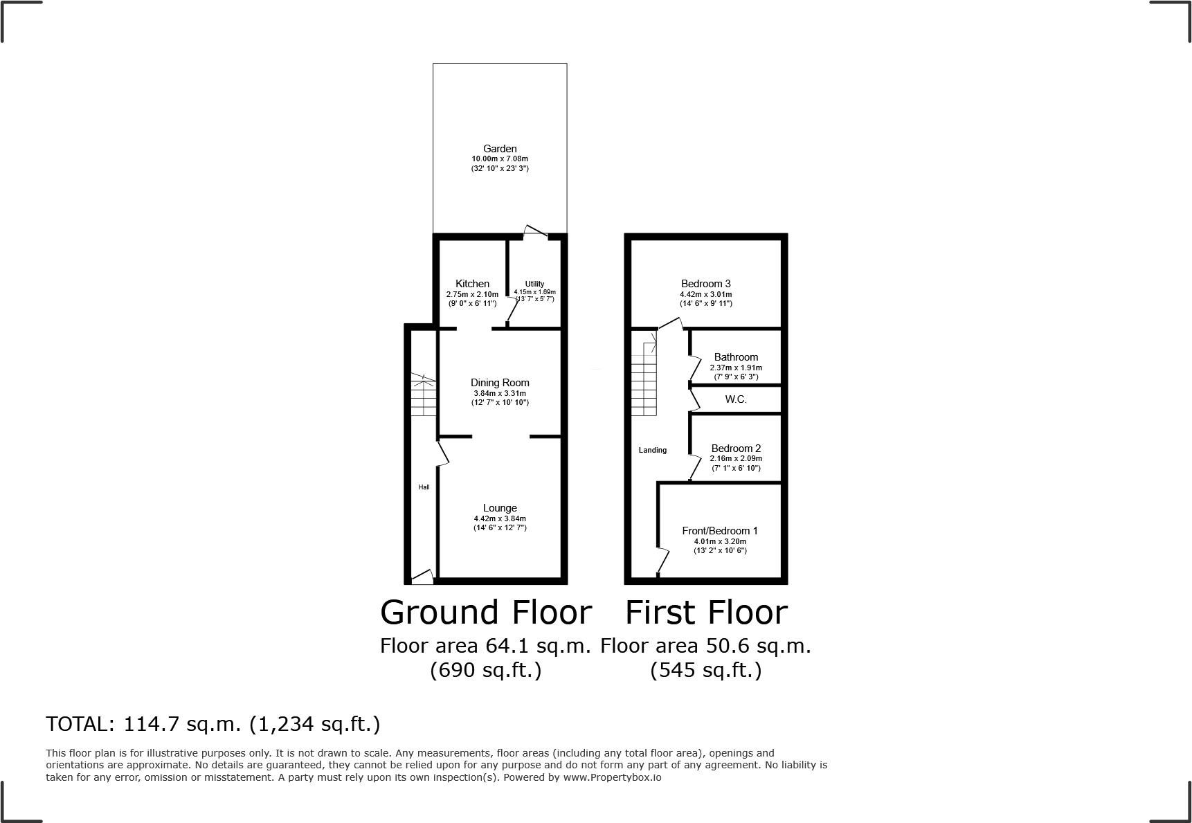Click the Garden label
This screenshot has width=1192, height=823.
[x=500, y=149]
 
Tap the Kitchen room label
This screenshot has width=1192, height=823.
[x=472, y=284]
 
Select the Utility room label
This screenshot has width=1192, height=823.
[x=534, y=284]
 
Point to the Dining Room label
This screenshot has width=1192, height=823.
[x=500, y=383]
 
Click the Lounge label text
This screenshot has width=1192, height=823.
[x=500, y=508]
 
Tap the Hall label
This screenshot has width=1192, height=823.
[x=424, y=487]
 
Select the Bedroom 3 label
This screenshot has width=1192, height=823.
[x=705, y=284]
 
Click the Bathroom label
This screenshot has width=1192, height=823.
[x=736, y=357]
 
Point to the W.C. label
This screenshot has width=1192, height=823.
[x=736, y=399]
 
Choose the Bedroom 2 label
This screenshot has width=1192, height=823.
[x=736, y=449]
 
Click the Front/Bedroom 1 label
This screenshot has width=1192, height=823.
[x=720, y=531]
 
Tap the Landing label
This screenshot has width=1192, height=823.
[x=652, y=450]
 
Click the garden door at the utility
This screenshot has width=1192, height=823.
[x=535, y=233]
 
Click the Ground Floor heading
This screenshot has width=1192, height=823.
[x=486, y=613]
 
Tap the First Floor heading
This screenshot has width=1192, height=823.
[x=706, y=613]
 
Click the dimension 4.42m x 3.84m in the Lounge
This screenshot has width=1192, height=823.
[x=500, y=518]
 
